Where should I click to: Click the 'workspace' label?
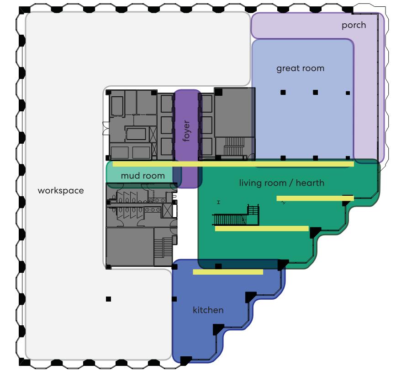(x=61, y=190)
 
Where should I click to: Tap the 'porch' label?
(x=354, y=25)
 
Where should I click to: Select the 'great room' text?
(x=300, y=68)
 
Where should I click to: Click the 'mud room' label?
(x=143, y=176)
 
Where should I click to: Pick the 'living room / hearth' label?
(x=282, y=183)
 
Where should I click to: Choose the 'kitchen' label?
(x=208, y=310)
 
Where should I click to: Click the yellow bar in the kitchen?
(x=228, y=272)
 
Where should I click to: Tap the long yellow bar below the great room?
(x=233, y=164)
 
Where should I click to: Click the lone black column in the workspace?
(x=108, y=299)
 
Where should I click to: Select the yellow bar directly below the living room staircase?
(x=262, y=229)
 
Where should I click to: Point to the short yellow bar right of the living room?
(x=315, y=198)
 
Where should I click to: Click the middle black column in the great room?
(x=315, y=93)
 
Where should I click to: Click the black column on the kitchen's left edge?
(x=174, y=299)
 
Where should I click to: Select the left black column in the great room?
(x=283, y=93)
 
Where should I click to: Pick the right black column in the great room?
(x=348, y=93)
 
